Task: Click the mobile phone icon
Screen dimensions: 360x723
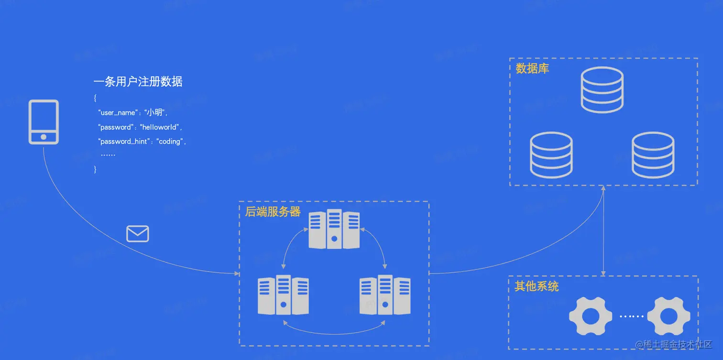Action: click(44, 122)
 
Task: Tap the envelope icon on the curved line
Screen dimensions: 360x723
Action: click(138, 234)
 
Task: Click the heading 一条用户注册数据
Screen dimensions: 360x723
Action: click(138, 82)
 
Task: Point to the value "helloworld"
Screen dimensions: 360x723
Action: click(159, 127)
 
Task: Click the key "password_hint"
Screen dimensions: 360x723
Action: click(122, 142)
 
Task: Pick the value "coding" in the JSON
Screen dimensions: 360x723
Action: click(170, 142)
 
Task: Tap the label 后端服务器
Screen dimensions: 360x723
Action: click(273, 212)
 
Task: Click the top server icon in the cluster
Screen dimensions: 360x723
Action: click(334, 229)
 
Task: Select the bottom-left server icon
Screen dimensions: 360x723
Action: click(283, 295)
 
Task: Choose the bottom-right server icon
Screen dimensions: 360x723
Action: click(385, 295)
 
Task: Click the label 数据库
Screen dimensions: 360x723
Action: click(532, 69)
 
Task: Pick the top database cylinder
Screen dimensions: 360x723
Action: click(602, 90)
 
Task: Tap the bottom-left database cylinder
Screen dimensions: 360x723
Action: click(551, 155)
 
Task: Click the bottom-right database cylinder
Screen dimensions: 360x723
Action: click(653, 155)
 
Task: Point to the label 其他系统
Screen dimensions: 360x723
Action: click(537, 286)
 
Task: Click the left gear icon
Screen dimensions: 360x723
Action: click(591, 316)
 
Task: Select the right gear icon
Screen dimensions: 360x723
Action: click(668, 316)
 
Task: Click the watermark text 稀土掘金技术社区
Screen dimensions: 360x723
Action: click(678, 344)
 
